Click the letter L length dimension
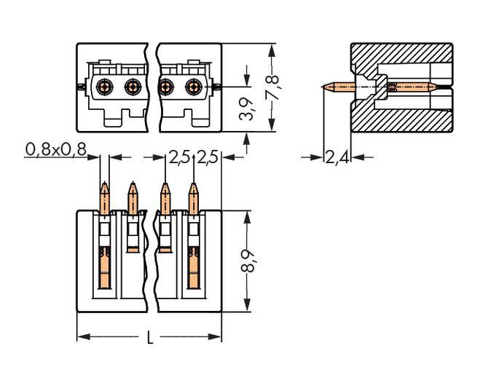coord(150,338)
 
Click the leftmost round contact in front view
coord(106,87)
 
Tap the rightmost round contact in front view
coord(193,87)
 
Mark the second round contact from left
coord(132,87)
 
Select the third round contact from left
coord(165,87)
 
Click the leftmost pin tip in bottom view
coord(105,186)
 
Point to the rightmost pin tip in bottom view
coord(194,186)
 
